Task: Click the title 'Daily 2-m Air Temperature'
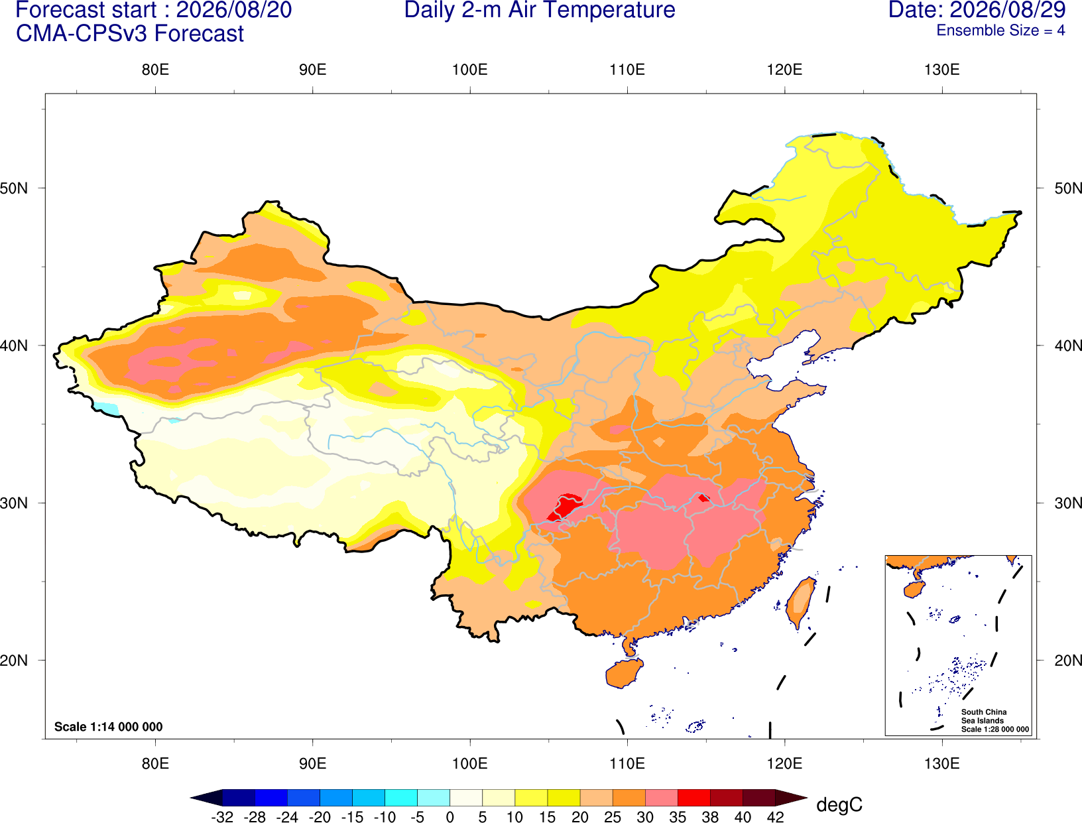point(539,10)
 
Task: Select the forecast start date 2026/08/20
point(233,10)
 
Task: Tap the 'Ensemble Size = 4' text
point(1000,31)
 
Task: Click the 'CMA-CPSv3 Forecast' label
point(130,34)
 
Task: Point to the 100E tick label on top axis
point(470,70)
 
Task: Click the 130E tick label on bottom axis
point(942,764)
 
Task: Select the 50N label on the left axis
point(14,188)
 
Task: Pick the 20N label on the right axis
point(1068,661)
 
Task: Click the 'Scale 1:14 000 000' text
point(109,727)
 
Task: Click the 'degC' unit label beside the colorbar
point(839,804)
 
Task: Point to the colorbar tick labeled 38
point(710,817)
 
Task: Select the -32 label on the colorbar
point(222,817)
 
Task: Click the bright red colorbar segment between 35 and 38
point(693,797)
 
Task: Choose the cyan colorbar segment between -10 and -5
point(400,797)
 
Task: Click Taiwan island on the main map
point(800,603)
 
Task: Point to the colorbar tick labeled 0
point(450,817)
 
